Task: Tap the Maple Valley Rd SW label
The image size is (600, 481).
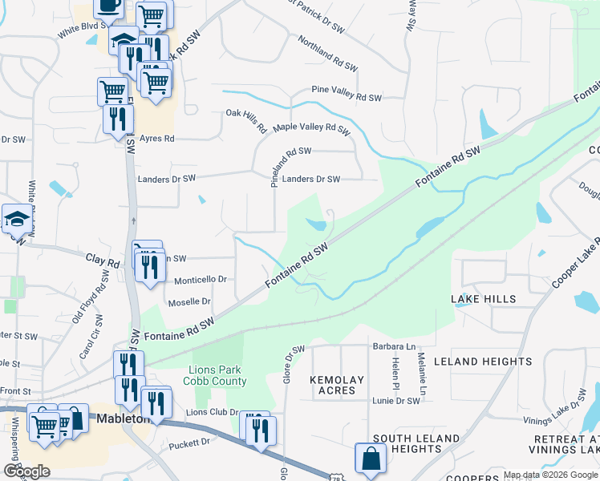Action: coord(312,128)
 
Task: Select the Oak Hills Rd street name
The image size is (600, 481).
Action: coord(246,119)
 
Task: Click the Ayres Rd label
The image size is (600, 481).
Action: coord(156,139)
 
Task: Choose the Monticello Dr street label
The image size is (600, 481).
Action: coord(201,279)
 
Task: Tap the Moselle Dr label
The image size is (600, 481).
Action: coord(189,302)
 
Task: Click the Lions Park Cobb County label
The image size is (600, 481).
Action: coord(217,375)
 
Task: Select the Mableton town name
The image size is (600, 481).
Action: coord(120,418)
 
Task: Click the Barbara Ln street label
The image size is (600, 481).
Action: coord(394,347)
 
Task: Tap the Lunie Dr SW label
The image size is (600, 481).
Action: coord(396,400)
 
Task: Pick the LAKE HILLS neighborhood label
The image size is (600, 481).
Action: coord(483,299)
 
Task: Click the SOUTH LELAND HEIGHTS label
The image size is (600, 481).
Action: coord(416,443)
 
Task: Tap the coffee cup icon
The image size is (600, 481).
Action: coord(108,6)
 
